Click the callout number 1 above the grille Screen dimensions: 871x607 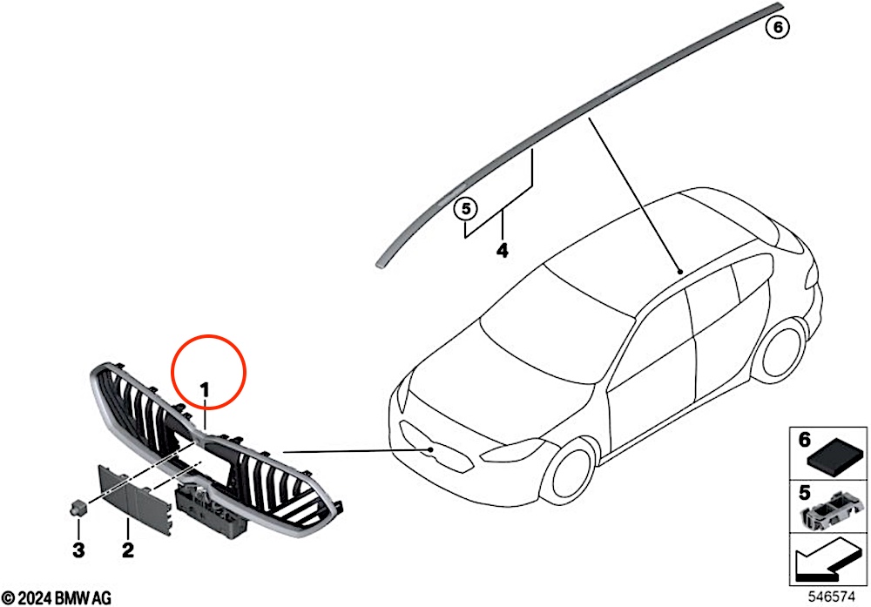205,390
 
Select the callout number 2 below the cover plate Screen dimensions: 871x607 128,550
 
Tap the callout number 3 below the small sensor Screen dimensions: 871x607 78,550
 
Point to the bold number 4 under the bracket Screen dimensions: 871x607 503,251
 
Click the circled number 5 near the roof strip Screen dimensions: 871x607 466,209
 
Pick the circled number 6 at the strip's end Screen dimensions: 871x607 778,27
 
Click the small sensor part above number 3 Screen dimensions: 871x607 79,507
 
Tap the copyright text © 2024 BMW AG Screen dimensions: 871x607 56,598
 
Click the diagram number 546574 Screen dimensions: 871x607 831,597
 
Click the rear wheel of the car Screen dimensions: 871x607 783,353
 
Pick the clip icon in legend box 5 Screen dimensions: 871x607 833,511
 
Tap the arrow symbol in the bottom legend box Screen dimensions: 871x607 827,559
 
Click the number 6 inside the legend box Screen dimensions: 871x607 804,439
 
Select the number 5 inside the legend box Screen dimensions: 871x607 804,492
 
